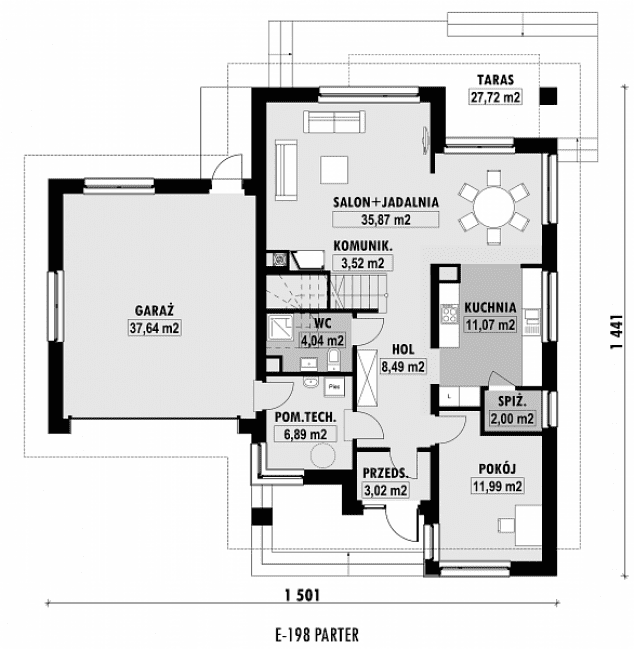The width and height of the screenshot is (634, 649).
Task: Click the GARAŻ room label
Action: pos(154,310)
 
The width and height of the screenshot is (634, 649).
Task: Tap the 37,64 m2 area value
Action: pos(154,326)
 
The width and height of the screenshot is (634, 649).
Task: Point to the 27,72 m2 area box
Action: pos(495,97)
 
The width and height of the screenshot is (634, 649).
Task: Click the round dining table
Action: pos(493,206)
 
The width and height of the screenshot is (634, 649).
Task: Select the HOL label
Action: pos(403,350)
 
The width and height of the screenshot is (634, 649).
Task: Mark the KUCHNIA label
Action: pos(490,308)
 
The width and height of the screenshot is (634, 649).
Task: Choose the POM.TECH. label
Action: pos(305,417)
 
